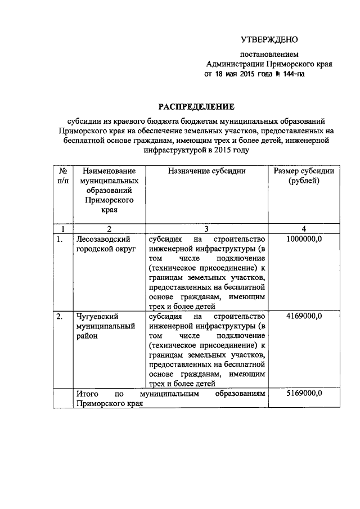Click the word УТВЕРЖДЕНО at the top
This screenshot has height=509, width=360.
tap(268, 39)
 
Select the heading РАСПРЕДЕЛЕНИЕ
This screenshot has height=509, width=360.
tap(195, 106)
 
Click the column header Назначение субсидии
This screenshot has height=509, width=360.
tap(206, 170)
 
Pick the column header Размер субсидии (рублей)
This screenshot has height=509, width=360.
tap(303, 175)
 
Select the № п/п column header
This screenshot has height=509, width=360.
tap(63, 175)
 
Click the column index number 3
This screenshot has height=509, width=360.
tap(206, 228)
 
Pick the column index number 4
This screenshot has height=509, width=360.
tap(304, 228)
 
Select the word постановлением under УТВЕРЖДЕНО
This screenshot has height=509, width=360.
tap(269, 55)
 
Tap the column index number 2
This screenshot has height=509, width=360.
tap(109, 228)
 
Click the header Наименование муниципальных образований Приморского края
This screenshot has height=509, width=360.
tap(109, 190)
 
